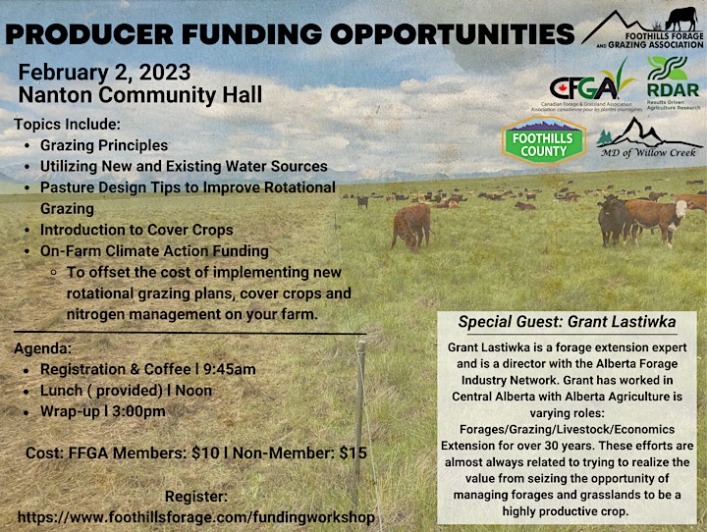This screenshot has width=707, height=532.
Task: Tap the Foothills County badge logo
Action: [544, 140]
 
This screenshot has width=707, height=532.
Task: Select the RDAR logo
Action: [674, 82]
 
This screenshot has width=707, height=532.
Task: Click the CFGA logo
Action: [586, 86]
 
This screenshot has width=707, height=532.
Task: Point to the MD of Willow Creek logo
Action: [649, 137]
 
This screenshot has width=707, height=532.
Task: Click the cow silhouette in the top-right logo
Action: [681, 19]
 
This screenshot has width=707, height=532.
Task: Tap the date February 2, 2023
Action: [105, 73]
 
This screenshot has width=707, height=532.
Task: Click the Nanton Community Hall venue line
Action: [140, 95]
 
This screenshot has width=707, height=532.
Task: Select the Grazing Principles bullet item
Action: [104, 145]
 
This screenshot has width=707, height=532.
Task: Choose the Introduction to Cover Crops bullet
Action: [136, 230]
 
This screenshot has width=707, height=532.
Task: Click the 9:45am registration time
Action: [230, 369]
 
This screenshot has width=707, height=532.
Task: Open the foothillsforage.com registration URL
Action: [196, 517]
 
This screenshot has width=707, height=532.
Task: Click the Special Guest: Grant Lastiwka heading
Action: [567, 322]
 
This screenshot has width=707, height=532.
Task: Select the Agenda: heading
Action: [43, 348]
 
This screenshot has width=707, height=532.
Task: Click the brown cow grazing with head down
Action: [411, 226]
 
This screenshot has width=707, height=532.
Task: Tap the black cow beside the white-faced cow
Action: [613, 220]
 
